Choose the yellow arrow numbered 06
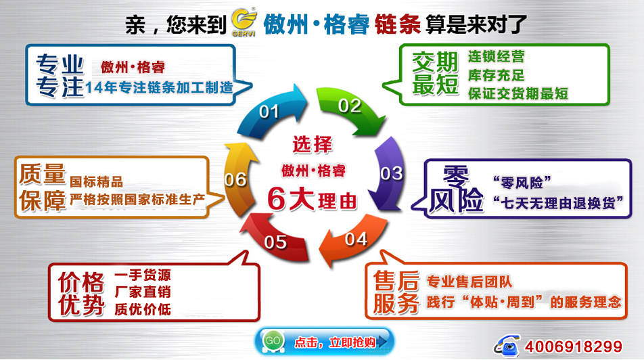tap(237, 179)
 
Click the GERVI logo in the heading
tap(244, 22)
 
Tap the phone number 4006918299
tap(574, 346)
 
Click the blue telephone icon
tap(507, 345)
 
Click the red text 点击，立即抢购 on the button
tap(335, 342)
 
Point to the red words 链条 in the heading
tap(398, 24)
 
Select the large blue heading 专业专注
tap(60, 76)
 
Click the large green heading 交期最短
tap(436, 74)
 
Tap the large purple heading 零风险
tap(456, 189)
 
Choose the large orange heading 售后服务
tap(396, 292)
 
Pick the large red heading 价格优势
tap(81, 294)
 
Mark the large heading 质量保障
tap(43, 187)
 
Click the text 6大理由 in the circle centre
tap(312, 200)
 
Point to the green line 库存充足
tap(496, 75)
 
